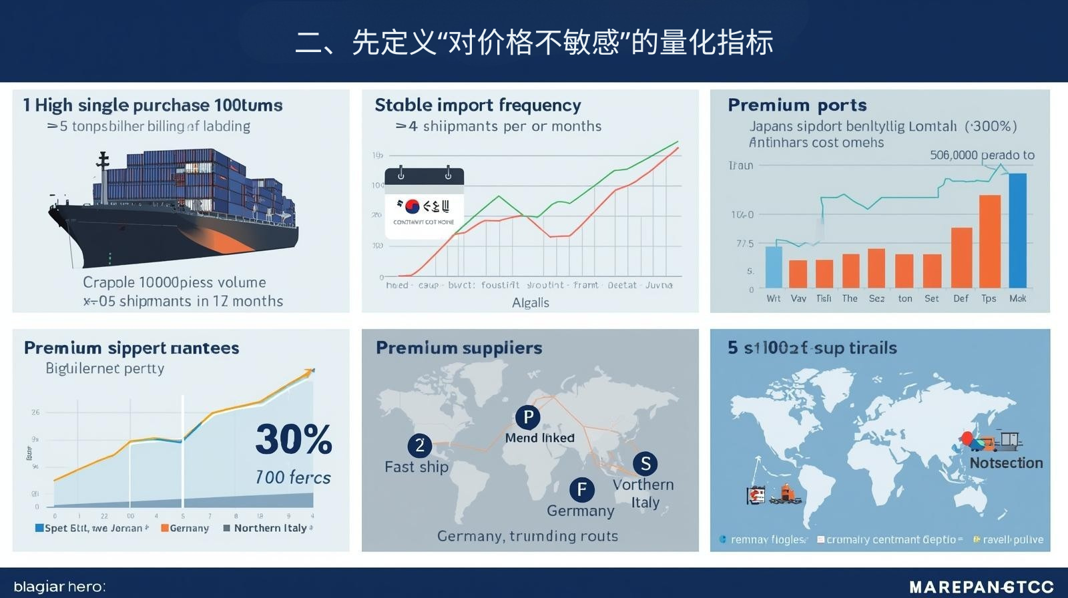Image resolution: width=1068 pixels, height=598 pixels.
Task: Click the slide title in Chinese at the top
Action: coord(534,42)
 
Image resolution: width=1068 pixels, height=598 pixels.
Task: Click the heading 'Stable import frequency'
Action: coord(478,105)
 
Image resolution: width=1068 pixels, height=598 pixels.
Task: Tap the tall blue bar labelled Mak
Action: coord(1018,230)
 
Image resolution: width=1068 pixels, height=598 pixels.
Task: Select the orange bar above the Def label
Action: coord(961,258)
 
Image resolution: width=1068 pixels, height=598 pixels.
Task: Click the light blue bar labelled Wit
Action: coord(773,267)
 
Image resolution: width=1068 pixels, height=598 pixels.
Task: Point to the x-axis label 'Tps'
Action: coord(989,298)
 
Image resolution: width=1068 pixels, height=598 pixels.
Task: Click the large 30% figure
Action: coord(294,440)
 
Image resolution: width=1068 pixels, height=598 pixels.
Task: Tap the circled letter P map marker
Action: coord(528,417)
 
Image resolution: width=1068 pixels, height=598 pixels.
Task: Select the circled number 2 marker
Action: coord(420,445)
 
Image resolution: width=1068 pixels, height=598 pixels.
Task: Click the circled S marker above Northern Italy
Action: coord(645,463)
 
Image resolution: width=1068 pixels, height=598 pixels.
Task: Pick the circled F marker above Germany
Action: coord(582,490)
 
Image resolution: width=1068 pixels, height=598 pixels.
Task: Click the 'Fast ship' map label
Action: coord(417,467)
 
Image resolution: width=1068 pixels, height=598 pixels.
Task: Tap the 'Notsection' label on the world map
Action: coord(1006,463)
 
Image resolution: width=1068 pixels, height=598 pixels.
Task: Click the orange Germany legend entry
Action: coord(185,528)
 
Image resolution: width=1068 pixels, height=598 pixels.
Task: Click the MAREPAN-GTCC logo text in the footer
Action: coord(981,587)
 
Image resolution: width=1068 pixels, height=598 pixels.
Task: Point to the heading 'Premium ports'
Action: coord(797,105)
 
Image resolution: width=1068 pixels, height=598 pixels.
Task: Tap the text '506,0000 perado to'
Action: coord(982,155)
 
